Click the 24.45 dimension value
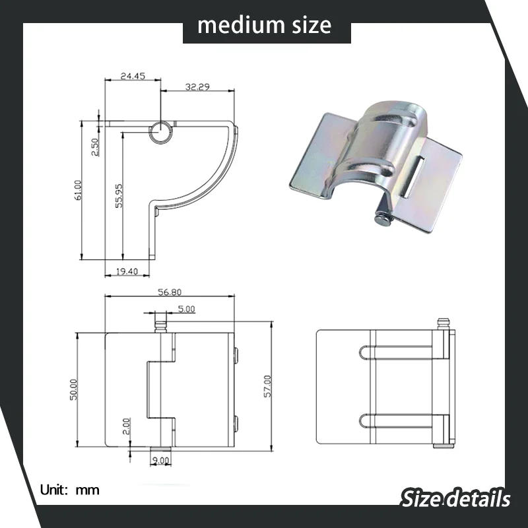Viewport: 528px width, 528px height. [133, 76]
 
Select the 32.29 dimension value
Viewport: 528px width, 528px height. [197, 86]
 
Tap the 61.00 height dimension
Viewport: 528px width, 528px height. [78, 190]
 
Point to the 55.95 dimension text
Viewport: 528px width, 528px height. [118, 197]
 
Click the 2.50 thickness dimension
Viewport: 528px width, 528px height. [95, 147]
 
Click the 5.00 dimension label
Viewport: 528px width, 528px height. [186, 309]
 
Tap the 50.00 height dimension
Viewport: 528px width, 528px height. [73, 389]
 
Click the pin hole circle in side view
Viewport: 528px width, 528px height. [159, 132]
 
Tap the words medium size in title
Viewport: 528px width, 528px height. [264, 25]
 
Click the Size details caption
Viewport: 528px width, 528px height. [455, 498]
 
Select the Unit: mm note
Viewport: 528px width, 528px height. [70, 490]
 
